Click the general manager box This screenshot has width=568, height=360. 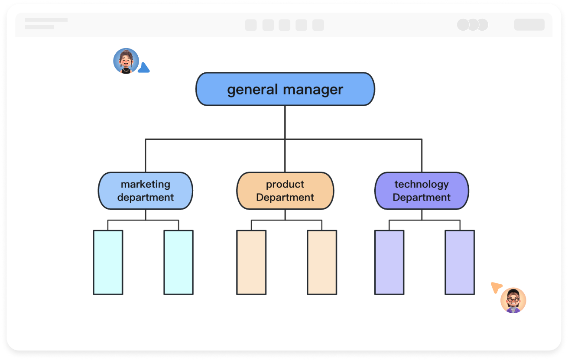[x=285, y=89]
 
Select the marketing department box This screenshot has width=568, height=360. [x=146, y=191]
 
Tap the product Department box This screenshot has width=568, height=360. [x=285, y=191]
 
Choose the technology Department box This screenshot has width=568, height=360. [x=422, y=191]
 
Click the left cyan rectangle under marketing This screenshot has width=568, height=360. [x=108, y=263]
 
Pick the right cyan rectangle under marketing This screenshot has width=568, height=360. [x=179, y=263]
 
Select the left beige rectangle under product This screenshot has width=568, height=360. [x=251, y=263]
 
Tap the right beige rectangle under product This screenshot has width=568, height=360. [x=322, y=263]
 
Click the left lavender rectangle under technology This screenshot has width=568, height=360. [x=389, y=263]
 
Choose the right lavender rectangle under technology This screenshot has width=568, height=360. [x=460, y=263]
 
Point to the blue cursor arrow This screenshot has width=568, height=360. [x=144, y=68]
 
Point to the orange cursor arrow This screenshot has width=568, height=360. [x=496, y=287]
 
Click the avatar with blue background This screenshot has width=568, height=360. [x=126, y=61]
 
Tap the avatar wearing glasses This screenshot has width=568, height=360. [x=513, y=300]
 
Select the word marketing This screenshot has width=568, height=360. [x=146, y=184]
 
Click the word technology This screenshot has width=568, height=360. [x=422, y=184]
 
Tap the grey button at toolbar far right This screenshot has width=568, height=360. [x=529, y=25]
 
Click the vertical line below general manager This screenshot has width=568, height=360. [x=285, y=122]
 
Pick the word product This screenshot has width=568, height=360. [x=285, y=184]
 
